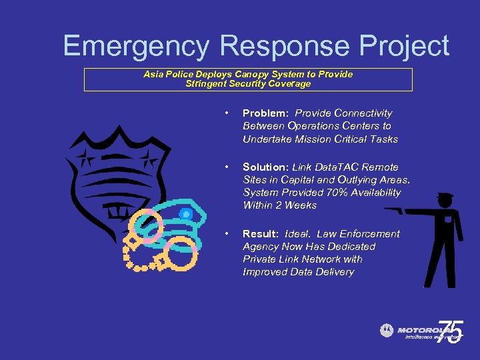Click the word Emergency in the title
pos(136,47)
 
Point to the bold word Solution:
pos(266,167)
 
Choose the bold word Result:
pos(261,234)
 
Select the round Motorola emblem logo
pos(387,330)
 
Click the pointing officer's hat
pos(444,198)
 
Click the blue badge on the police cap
pos(186,215)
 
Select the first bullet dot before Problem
pos(227,113)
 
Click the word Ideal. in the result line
pos(297,234)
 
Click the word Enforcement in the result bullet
pos(370,234)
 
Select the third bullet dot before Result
pos(227,234)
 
